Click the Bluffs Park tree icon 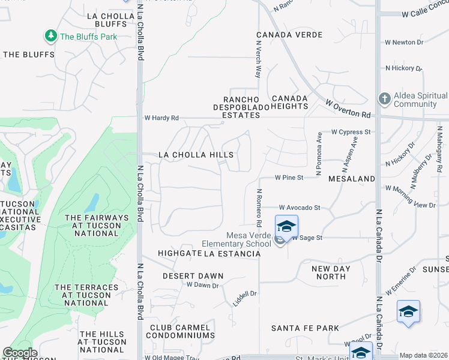click(x=51, y=36)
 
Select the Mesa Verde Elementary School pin click(x=286, y=227)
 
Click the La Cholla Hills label click(x=196, y=155)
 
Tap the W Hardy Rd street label click(x=161, y=118)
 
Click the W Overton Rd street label click(x=348, y=109)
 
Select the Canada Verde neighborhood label click(x=289, y=35)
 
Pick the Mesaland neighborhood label click(x=351, y=179)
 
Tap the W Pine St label click(x=289, y=178)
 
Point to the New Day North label click(x=331, y=272)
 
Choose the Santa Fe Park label click(x=305, y=328)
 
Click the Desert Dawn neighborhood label click(x=193, y=276)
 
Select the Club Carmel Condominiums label click(x=180, y=332)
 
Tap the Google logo click(x=20, y=352)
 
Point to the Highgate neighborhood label click(x=179, y=254)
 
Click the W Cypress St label click(x=351, y=132)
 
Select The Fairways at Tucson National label click(x=97, y=225)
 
